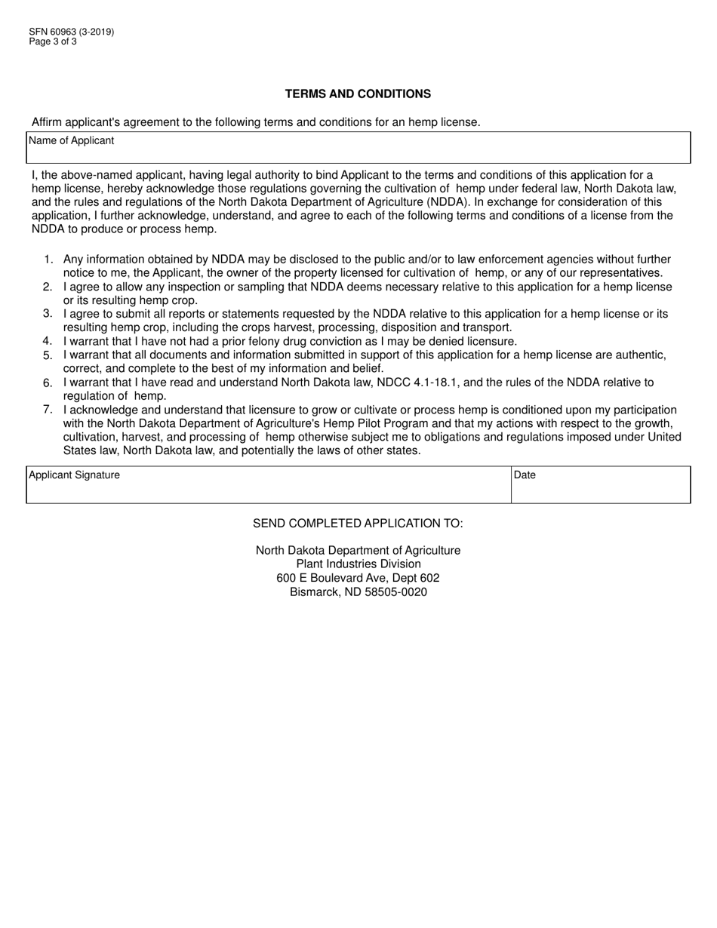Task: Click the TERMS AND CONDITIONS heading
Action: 358,94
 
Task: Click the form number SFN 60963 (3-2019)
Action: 72,32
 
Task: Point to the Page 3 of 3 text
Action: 53,41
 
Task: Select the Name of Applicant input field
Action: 358,153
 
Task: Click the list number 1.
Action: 48,260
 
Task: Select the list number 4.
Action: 48,341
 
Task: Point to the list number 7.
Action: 48,410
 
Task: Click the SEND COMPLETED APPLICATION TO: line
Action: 358,524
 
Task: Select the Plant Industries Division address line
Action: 358,564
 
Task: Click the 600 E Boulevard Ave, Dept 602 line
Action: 358,578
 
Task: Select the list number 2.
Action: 48,287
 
